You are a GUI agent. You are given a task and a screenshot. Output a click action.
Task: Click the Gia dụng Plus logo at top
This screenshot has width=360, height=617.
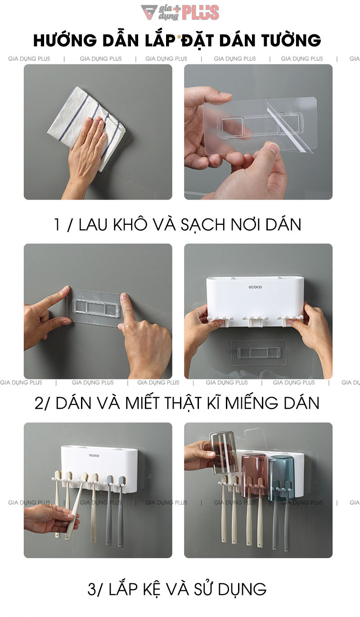[180, 12]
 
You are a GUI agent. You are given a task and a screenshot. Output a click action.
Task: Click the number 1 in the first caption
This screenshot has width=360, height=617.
[57, 224]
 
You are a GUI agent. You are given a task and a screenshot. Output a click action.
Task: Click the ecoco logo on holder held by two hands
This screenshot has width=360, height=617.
[255, 287]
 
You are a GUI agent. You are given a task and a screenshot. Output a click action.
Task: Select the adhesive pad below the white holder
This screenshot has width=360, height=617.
[258, 352]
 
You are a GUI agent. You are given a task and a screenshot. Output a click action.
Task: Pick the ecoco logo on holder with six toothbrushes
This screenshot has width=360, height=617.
[94, 456]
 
